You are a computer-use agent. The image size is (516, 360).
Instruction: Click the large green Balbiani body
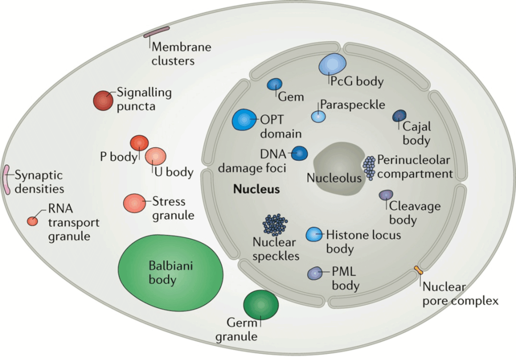coord(170,273)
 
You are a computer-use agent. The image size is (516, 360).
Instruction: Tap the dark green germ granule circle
coord(261,305)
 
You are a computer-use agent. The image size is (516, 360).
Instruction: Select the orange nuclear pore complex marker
coord(418,270)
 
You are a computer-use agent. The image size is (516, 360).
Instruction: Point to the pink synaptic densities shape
coord(6,180)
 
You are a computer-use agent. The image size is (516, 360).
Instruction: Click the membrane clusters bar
coord(157,32)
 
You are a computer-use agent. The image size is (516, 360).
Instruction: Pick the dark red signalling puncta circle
coord(103,100)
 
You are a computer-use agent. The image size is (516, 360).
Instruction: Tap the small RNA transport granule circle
coord(32,221)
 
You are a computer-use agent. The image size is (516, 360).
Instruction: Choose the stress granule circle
coord(134,203)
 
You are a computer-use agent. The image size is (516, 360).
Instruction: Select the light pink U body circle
coord(156,156)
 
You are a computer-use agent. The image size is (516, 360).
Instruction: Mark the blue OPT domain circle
coord(244,119)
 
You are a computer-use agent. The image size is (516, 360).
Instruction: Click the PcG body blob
coord(333,64)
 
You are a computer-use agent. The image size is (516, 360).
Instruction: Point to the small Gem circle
coord(275,84)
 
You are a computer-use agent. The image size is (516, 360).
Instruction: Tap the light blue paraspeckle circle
coord(318,116)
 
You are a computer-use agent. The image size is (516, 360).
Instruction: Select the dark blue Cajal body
coord(400,115)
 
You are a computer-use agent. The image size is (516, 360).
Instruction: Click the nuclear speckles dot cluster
coord(275,225)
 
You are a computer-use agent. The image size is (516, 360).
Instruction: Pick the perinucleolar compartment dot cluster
coord(369,168)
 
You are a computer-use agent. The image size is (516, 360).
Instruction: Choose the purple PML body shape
coord(315,273)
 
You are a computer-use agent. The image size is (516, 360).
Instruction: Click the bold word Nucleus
coord(256,189)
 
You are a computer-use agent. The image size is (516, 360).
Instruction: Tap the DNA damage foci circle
coord(299,153)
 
